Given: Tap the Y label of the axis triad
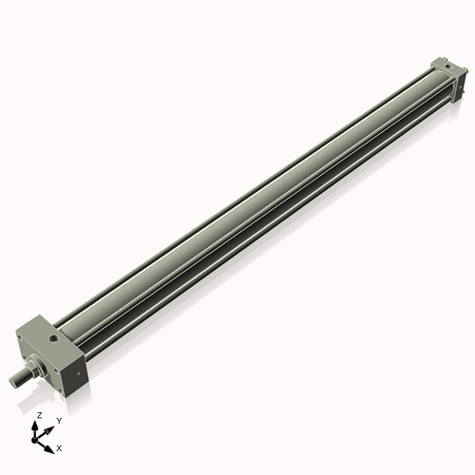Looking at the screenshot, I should (58, 420).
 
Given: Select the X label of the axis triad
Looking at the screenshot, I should (59, 446).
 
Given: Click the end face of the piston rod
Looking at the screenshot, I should (13, 382).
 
